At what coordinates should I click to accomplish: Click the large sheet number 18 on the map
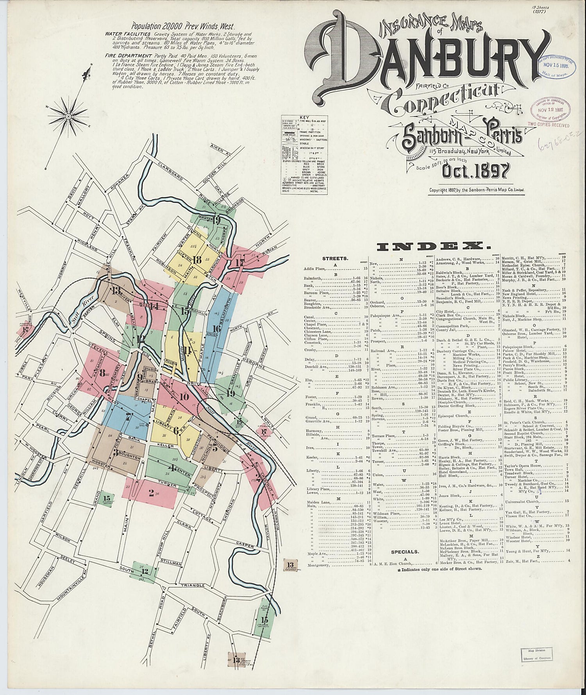(197, 260)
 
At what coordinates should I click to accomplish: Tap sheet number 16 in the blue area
(217, 329)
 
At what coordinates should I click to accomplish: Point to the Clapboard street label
(170, 171)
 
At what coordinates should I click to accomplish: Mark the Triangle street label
(192, 585)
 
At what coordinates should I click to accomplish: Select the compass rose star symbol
(68, 115)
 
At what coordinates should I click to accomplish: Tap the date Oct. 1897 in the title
(476, 171)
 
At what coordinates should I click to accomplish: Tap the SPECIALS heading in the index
(404, 552)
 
